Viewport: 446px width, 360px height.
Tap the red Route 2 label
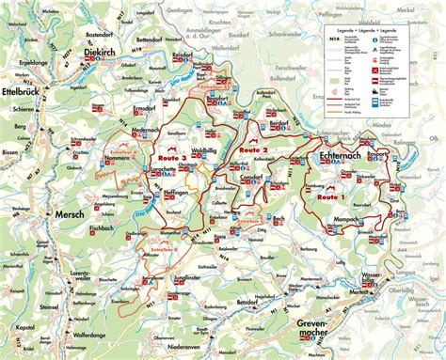click(253, 150)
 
